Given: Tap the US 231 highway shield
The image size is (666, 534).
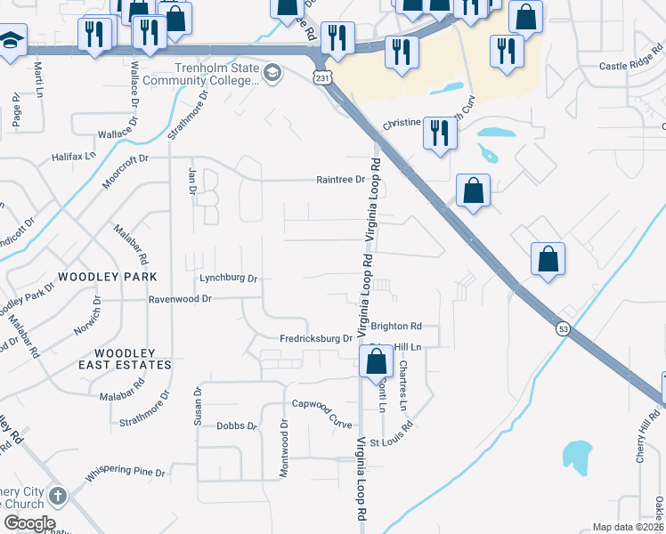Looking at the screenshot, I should pyautogui.click(x=321, y=79).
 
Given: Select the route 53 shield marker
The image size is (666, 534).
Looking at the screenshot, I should pyautogui.click(x=564, y=328).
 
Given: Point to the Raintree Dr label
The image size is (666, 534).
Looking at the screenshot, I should pyautogui.click(x=341, y=180).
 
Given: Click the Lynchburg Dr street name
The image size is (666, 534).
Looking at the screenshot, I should pyautogui.click(x=228, y=279).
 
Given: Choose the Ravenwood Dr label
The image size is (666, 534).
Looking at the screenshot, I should pyautogui.click(x=179, y=300).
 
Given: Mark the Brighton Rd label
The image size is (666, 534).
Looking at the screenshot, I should pyautogui.click(x=396, y=327).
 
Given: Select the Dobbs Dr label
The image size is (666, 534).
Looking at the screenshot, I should pyautogui.click(x=237, y=426).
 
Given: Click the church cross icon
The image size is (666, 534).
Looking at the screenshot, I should pyautogui.click(x=58, y=496).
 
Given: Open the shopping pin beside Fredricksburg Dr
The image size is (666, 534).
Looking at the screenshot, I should pyautogui.click(x=376, y=361).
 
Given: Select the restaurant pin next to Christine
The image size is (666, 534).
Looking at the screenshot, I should pyautogui.click(x=440, y=133).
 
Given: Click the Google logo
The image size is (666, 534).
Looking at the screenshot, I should pyautogui.click(x=29, y=523).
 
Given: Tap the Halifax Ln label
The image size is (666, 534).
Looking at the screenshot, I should pyautogui.click(x=72, y=156).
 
